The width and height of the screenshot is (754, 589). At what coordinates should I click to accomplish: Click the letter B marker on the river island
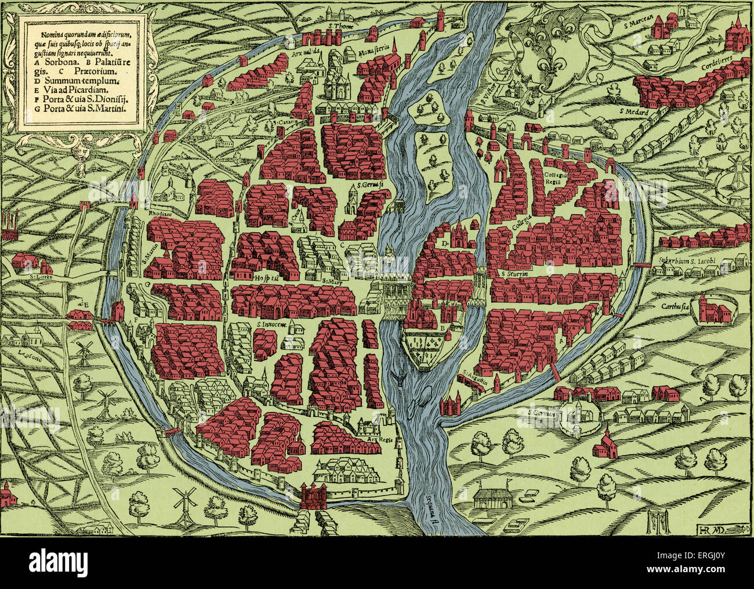click(x=444, y=328)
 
